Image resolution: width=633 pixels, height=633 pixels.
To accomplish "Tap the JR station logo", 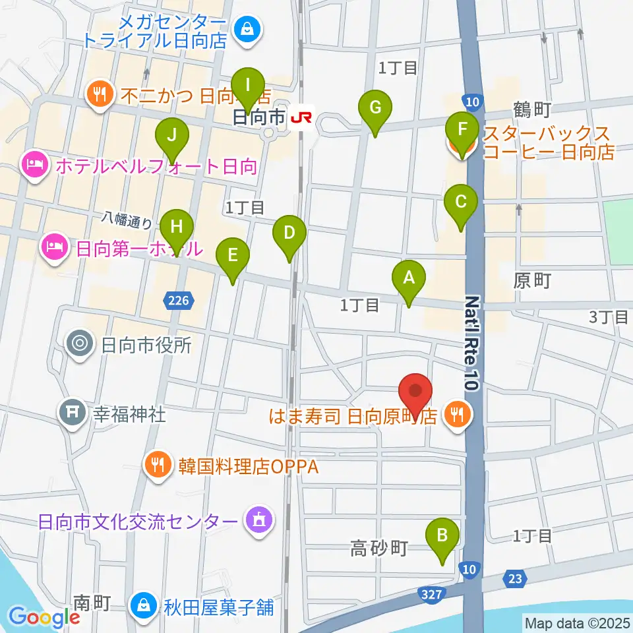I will (x=303, y=117).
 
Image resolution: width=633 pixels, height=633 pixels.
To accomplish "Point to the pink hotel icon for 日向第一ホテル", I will (x=54, y=249).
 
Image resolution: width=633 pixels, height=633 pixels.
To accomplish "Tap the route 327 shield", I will (x=430, y=594).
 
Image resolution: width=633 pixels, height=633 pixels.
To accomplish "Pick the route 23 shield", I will (x=516, y=578).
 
